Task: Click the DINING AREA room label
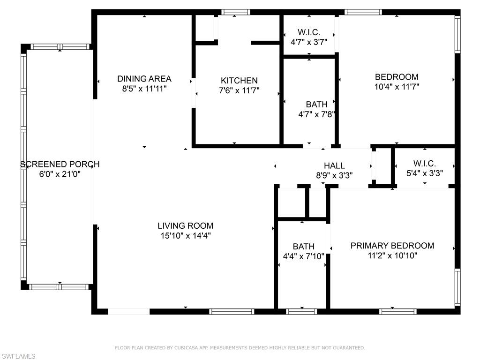coord(144,79)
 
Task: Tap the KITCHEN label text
coord(239,81)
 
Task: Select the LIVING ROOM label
coord(185,226)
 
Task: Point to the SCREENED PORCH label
coord(60,164)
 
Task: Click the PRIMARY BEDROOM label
coord(392,246)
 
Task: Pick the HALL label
coord(334,165)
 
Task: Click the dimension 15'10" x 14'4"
coord(185,236)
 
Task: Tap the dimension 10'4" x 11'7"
coord(397,87)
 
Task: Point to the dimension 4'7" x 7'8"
coord(316,114)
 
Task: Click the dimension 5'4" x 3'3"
coord(425,173)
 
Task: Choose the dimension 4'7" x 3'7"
coord(309,42)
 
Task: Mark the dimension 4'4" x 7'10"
coord(303,256)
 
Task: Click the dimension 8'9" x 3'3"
coord(334,175)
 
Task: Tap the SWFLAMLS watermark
coord(18,356)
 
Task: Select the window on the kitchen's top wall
coord(235,12)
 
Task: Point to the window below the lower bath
coord(301,311)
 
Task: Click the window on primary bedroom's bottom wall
coord(397,311)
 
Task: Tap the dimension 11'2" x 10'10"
coord(392,256)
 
